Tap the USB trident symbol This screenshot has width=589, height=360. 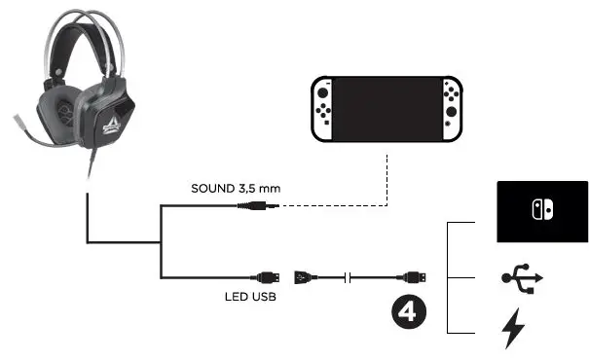[x=521, y=278]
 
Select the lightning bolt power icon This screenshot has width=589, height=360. [x=512, y=329]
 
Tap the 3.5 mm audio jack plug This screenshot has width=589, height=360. [x=263, y=205]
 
